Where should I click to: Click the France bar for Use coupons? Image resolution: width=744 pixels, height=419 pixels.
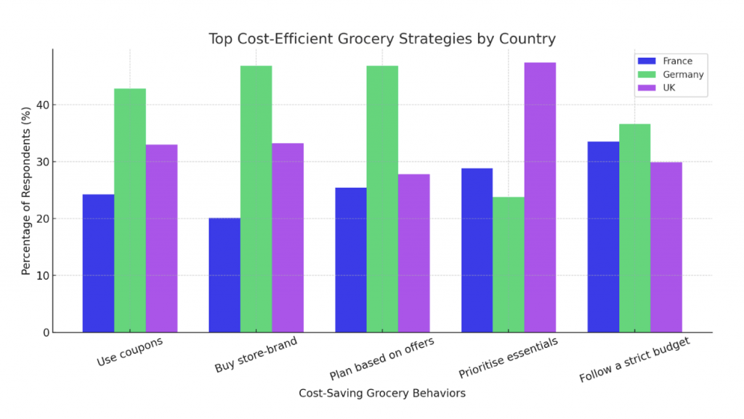(x=98, y=263)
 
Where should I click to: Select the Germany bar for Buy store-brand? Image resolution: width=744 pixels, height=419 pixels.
(x=256, y=199)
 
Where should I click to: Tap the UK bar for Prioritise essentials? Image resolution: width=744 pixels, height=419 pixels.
(x=540, y=198)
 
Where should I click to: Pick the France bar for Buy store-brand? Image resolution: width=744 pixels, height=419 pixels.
(x=225, y=275)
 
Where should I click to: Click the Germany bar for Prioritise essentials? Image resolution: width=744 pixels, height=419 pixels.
(x=509, y=264)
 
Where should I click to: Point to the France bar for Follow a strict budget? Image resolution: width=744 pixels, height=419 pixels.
(x=603, y=237)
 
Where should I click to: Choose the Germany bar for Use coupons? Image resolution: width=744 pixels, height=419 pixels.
(x=130, y=211)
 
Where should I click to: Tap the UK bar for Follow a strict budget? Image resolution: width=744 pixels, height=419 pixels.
(x=666, y=247)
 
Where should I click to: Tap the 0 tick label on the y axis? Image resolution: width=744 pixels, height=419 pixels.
(x=44, y=333)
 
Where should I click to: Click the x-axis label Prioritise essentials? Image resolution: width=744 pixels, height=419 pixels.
(x=508, y=358)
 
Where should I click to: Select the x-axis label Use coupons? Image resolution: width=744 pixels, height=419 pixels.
(x=129, y=351)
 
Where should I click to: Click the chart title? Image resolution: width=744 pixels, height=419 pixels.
(x=382, y=38)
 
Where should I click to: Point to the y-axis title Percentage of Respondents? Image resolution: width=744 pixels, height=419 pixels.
(x=26, y=190)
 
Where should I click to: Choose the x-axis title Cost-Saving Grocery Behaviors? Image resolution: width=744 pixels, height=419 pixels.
(x=382, y=393)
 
